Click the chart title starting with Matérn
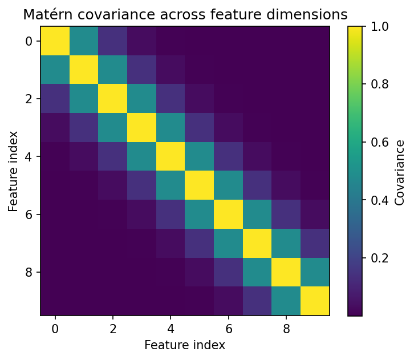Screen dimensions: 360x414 pos(185,15)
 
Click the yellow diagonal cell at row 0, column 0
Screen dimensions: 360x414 pos(55,41)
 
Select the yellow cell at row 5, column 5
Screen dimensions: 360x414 pos(200,185)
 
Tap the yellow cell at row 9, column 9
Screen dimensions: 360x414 pos(315,301)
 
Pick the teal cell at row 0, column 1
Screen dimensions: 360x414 pos(84,41)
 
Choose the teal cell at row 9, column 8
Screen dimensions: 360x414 pos(286,301)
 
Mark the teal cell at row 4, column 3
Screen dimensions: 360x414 pos(142,156)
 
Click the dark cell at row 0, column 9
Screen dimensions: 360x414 pos(315,41)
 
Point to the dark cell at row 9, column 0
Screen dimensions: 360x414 pos(55,301)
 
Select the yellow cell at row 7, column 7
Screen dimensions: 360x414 pos(257,243)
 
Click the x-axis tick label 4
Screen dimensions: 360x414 pos(171,329)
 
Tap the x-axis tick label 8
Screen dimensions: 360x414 pos(286,329)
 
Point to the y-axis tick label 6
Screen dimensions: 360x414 pos(29,215)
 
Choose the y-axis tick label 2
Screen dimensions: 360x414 pos(29,99)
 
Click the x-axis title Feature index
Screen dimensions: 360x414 pos(185,345)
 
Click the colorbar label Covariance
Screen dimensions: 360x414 pos(400,171)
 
